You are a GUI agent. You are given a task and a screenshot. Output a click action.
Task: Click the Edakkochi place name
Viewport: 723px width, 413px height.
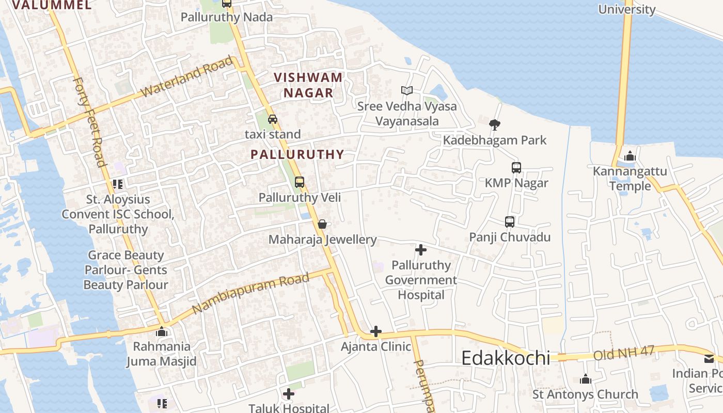pyautogui.click(x=506, y=358)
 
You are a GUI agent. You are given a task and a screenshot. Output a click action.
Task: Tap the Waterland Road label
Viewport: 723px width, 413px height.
pyautogui.click(x=187, y=77)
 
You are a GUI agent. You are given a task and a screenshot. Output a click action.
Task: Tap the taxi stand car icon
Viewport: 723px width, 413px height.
pyautogui.click(x=273, y=119)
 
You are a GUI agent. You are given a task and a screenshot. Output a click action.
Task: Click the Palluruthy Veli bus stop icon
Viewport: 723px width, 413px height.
pyautogui.click(x=300, y=182)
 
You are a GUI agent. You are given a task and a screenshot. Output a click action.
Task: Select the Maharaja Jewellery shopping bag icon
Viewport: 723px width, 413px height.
pyautogui.click(x=322, y=224)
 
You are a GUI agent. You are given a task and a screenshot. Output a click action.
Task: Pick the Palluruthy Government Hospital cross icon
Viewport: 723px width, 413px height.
pyautogui.click(x=421, y=250)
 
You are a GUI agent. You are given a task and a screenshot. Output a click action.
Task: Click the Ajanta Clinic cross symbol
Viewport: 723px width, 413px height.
pyautogui.click(x=376, y=331)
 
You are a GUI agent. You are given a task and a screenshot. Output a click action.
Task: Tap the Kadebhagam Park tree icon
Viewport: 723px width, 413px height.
pyautogui.click(x=495, y=124)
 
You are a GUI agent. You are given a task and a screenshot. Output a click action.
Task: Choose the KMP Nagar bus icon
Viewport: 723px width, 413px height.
pyautogui.click(x=516, y=168)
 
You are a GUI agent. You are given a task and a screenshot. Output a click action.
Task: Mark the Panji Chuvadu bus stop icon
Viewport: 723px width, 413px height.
pyautogui.click(x=510, y=222)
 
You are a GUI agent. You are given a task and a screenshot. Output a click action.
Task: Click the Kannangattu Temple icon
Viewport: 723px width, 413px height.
pyautogui.click(x=630, y=156)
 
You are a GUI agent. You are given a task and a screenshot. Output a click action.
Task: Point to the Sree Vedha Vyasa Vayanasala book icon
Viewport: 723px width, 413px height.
pyautogui.click(x=407, y=91)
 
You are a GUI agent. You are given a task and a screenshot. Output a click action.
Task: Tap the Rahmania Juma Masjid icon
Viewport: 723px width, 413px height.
pyautogui.click(x=162, y=331)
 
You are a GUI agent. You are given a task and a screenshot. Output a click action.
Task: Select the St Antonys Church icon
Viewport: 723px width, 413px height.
pyautogui.click(x=585, y=379)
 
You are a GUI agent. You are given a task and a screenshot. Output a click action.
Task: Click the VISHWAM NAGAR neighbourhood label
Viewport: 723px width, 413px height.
pyautogui.click(x=308, y=85)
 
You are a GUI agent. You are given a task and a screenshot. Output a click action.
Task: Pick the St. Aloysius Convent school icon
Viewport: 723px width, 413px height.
pyautogui.click(x=118, y=184)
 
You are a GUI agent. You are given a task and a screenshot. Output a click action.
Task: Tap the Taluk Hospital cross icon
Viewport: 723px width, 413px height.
pyautogui.click(x=289, y=394)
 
